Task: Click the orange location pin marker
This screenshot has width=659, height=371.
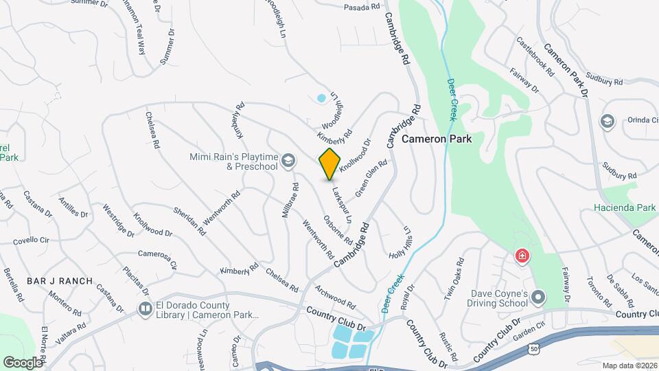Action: [x=329, y=164]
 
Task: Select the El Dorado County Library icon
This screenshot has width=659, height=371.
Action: [x=145, y=310]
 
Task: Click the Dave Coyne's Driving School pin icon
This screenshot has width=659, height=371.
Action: [x=538, y=297]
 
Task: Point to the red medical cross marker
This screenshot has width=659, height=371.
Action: [x=522, y=257]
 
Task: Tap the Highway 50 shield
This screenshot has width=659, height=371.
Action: [x=533, y=349]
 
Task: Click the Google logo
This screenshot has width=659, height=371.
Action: [x=23, y=362]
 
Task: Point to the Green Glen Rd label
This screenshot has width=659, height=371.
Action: [x=371, y=177]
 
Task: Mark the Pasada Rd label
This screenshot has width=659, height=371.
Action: [x=362, y=8]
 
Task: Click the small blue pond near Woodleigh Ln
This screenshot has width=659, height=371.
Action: [x=321, y=98]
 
